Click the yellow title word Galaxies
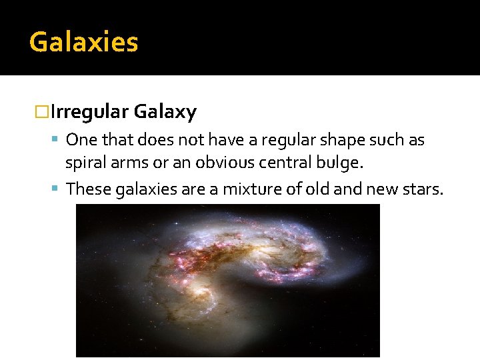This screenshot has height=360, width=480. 83,42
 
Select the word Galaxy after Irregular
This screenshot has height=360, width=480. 165,112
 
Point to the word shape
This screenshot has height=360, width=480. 343,141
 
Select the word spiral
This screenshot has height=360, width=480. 83,161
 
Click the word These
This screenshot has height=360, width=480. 89,189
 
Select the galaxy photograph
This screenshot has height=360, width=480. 227,280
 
